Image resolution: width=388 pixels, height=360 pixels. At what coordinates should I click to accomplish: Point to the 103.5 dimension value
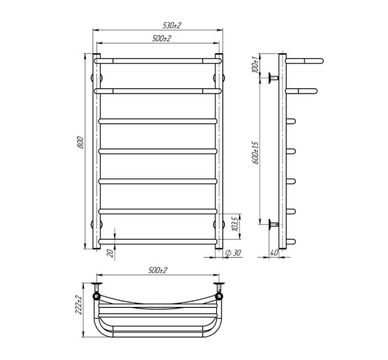[x=236, y=224]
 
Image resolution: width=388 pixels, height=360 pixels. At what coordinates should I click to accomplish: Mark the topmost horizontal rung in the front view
[x=158, y=61]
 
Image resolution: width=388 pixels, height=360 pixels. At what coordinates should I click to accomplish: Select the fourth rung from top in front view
[x=158, y=150]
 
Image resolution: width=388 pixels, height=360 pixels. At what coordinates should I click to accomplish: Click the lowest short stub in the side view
[x=292, y=241]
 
